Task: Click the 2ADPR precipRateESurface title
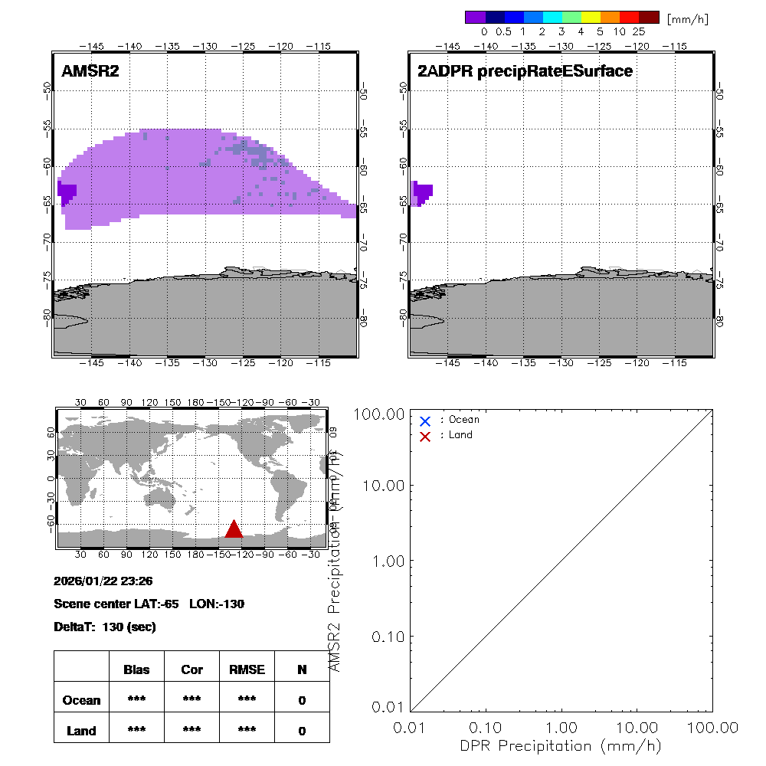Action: [525, 71]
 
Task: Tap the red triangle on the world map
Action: [234, 529]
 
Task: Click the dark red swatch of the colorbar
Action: [649, 17]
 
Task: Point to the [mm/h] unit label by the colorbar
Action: [687, 18]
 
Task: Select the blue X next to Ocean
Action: [425, 421]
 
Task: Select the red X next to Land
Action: [425, 436]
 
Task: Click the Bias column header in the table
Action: [136, 669]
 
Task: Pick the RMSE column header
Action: [247, 669]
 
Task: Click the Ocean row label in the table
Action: [81, 700]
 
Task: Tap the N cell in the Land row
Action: [302, 731]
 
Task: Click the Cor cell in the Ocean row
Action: [191, 700]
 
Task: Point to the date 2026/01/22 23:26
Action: [103, 581]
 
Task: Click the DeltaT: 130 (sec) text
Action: [105, 627]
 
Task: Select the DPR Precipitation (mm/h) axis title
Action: [561, 745]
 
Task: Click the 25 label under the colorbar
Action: [639, 32]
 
